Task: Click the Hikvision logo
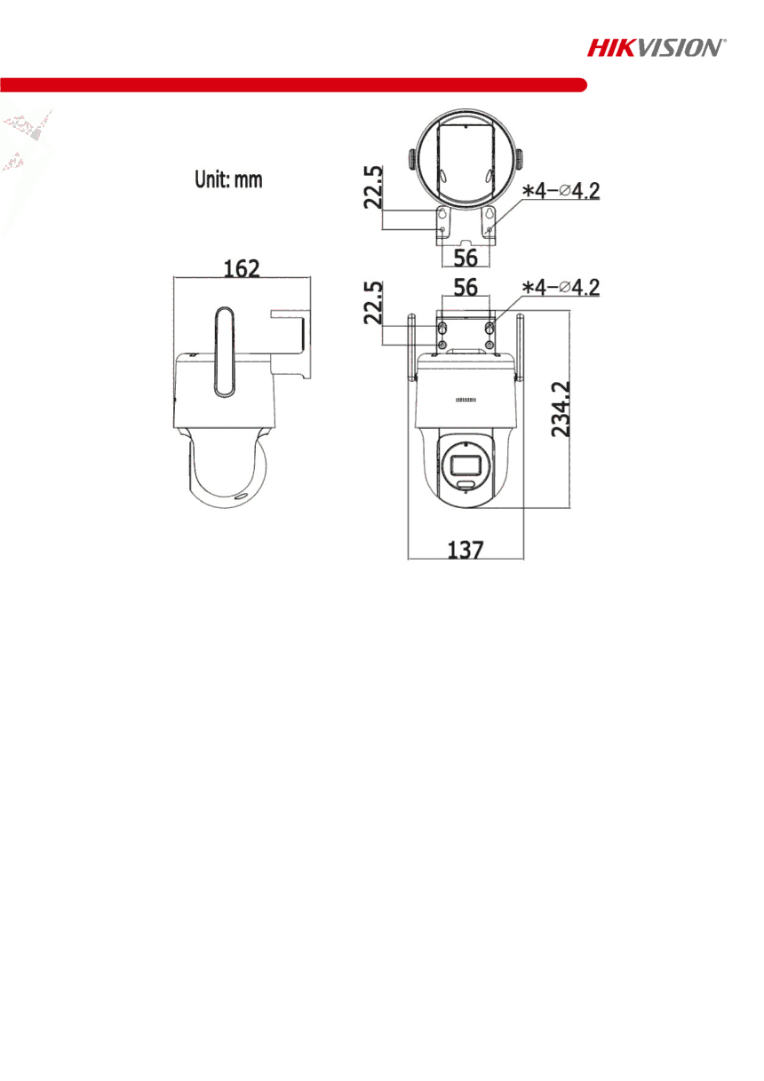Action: tap(656, 48)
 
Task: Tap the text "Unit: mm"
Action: tap(228, 179)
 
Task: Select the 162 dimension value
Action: tap(242, 268)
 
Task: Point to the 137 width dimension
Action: tap(466, 550)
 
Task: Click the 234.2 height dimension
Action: tap(561, 409)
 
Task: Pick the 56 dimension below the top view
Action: tap(466, 258)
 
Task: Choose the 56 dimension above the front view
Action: tap(466, 287)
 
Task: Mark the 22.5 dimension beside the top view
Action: tap(373, 187)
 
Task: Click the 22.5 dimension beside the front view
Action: tap(373, 303)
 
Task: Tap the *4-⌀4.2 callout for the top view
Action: tap(561, 191)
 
